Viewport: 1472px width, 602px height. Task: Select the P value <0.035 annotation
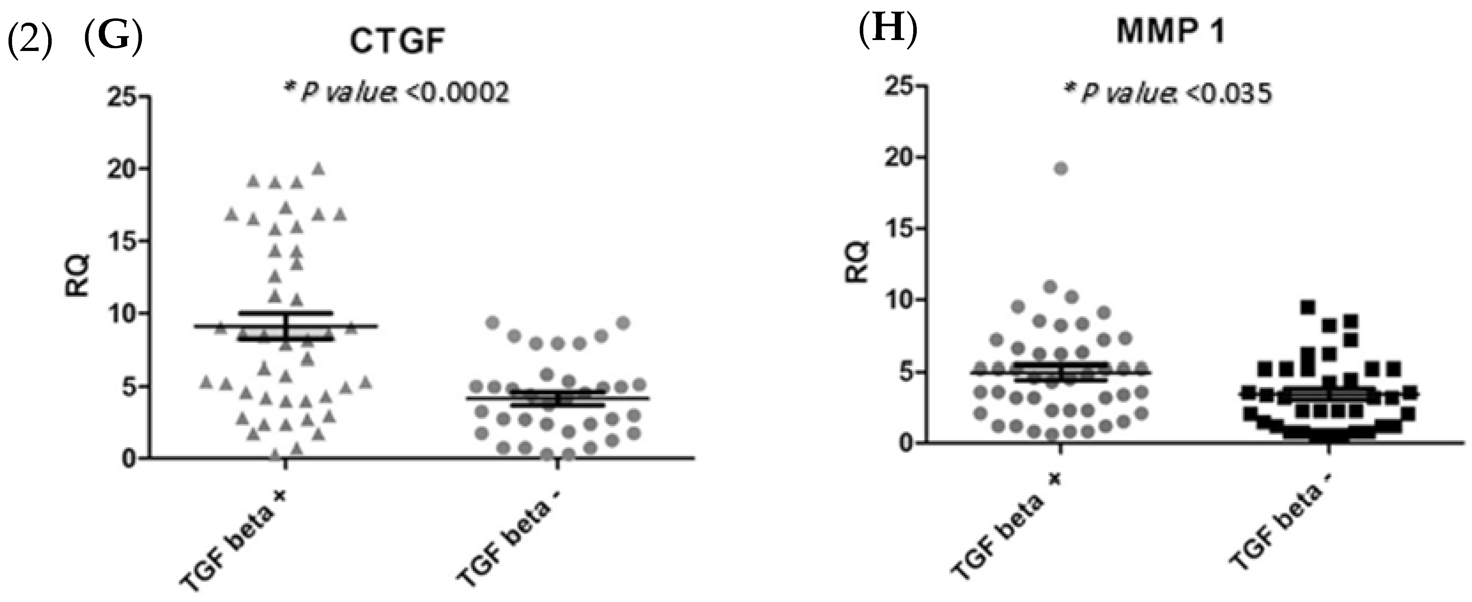(x=1169, y=93)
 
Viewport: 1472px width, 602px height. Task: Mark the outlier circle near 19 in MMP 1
(x=1061, y=169)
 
